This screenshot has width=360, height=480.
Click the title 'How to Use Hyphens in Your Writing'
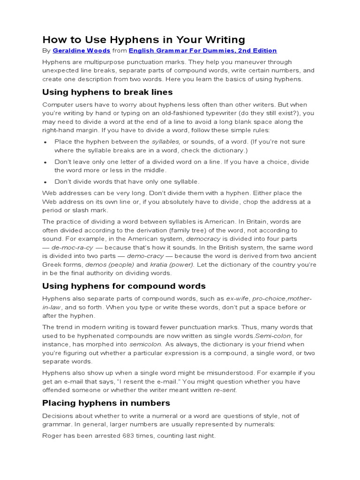point(144,39)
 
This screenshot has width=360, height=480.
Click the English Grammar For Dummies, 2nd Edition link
point(202,51)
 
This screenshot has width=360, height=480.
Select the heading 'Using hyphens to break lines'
point(107,92)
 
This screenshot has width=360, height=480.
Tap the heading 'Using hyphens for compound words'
point(124,285)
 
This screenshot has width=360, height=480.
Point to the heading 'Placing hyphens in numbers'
point(106,403)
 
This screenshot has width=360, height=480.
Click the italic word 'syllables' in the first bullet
point(165,142)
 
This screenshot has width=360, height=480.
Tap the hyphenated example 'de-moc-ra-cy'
point(73,247)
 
